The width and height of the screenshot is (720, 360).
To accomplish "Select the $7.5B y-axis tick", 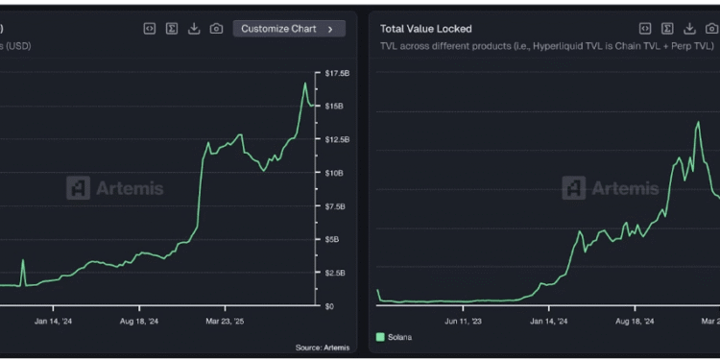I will [334, 206].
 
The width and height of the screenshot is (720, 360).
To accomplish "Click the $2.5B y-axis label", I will [334, 273].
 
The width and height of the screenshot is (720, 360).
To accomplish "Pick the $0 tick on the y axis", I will [328, 306].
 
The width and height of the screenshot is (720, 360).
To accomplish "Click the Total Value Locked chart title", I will [425, 29].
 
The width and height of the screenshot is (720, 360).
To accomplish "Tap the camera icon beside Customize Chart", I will [216, 29].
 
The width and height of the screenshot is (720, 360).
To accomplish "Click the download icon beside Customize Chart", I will [194, 29].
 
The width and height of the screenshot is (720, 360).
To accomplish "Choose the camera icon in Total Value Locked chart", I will [712, 29].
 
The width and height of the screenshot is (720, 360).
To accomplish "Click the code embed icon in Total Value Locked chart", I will [646, 29].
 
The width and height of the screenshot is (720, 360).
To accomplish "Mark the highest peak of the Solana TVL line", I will [697, 123].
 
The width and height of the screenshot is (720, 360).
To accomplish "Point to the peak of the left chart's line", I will [305, 84].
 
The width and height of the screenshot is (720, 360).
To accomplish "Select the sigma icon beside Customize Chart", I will [172, 29].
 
